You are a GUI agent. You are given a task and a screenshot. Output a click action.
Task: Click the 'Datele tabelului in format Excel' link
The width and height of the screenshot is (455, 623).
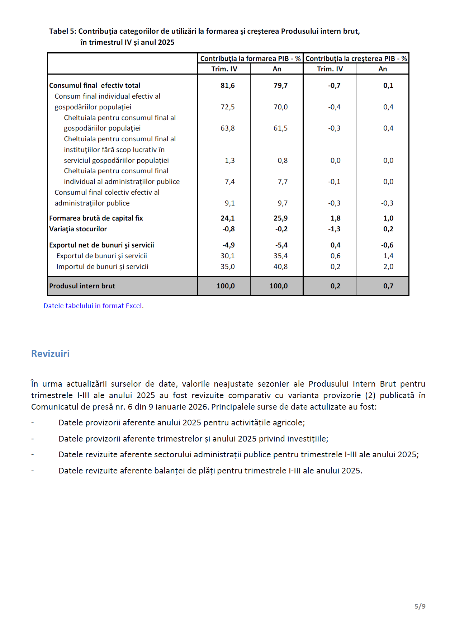(x=93, y=306)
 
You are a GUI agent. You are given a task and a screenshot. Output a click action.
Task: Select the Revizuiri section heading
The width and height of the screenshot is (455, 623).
(x=50, y=354)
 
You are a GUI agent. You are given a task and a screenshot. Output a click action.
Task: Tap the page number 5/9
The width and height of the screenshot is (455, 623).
(x=420, y=606)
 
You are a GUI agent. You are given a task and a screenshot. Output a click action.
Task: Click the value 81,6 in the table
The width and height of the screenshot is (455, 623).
(x=228, y=85)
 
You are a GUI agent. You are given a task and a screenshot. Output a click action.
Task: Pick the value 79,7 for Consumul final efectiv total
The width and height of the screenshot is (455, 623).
(x=280, y=85)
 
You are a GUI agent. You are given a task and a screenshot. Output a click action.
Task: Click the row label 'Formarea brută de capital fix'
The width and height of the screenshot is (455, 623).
(x=96, y=218)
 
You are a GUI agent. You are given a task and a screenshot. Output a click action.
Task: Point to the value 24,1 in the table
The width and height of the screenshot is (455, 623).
(x=228, y=218)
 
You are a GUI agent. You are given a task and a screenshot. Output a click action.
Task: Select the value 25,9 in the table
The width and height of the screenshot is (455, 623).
(x=280, y=218)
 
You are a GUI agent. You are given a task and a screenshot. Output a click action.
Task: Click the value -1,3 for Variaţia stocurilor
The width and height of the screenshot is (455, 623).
(x=334, y=229)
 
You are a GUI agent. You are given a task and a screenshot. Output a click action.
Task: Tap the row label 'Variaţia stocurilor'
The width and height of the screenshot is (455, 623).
(x=78, y=229)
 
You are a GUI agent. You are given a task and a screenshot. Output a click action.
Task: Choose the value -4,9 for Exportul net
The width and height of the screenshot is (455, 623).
(x=228, y=245)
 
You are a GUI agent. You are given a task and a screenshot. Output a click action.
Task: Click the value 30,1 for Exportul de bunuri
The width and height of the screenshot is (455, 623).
(x=228, y=256)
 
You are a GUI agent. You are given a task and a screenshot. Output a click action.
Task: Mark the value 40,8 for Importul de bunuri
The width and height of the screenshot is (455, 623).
(x=280, y=266)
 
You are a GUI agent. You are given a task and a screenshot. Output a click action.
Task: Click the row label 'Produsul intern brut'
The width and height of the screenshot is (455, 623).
(x=82, y=286)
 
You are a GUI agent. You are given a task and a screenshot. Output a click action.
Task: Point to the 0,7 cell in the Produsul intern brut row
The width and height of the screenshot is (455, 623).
(x=388, y=286)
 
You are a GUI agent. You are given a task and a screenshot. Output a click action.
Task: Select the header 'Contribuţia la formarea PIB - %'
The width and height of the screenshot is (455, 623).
(x=250, y=58)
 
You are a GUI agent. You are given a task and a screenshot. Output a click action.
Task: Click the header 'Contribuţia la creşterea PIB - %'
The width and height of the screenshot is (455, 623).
(x=356, y=58)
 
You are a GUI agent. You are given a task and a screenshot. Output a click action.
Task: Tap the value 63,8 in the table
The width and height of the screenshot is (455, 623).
(x=228, y=128)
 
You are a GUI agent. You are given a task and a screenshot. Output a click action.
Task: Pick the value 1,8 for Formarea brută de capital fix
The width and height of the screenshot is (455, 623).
(x=335, y=218)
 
